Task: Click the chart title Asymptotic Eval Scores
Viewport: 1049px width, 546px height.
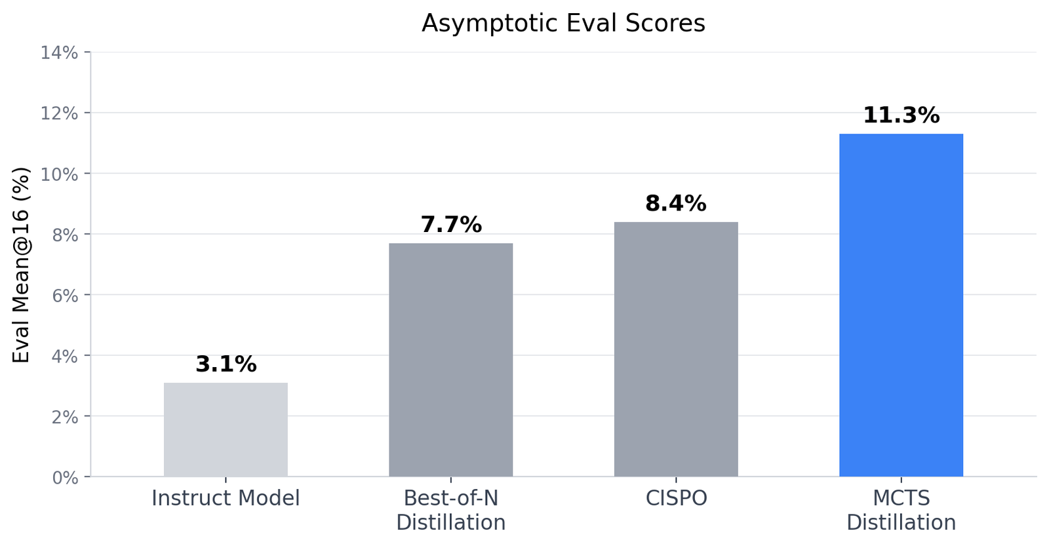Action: point(563,24)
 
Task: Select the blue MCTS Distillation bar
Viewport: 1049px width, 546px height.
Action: point(901,305)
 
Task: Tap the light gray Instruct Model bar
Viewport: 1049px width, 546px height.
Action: point(226,429)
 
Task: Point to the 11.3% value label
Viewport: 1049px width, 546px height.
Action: point(901,116)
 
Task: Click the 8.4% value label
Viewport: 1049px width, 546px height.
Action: point(676,204)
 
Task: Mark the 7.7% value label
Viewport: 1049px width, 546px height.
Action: point(450,225)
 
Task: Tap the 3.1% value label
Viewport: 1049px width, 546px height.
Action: point(226,364)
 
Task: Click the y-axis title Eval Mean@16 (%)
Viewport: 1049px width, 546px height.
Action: point(22,265)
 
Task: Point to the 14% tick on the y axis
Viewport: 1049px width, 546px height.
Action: point(59,52)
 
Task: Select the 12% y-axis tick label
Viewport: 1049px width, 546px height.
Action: point(59,113)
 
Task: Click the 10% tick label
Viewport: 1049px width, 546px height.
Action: point(59,174)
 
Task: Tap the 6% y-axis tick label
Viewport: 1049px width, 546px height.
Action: point(64,296)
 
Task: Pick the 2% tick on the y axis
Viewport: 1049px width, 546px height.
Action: point(64,417)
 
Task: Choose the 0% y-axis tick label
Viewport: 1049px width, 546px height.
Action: point(64,478)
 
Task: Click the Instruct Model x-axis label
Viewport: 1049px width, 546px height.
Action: point(226,499)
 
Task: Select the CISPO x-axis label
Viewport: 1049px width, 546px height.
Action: point(676,499)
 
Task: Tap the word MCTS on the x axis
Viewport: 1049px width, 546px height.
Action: point(901,498)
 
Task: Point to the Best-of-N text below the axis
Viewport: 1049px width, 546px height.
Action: point(450,498)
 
